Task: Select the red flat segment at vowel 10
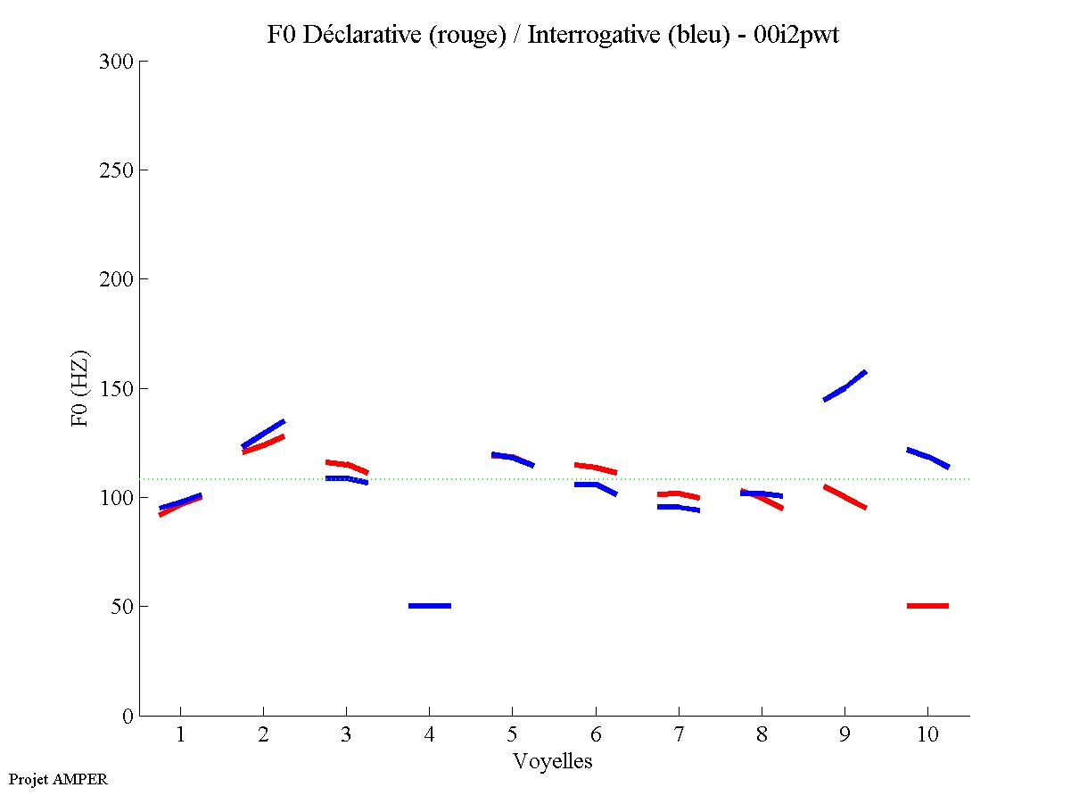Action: pyautogui.click(x=927, y=606)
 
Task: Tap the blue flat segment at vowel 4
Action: pyautogui.click(x=430, y=606)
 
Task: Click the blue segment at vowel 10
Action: pyautogui.click(x=928, y=458)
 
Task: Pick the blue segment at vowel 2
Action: pyautogui.click(x=264, y=433)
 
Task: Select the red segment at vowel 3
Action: pyautogui.click(x=346, y=465)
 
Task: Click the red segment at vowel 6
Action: pyautogui.click(x=596, y=468)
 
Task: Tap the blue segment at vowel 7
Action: pyautogui.click(x=678, y=507)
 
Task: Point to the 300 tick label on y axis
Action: pyautogui.click(x=118, y=62)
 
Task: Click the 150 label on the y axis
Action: pyautogui.click(x=118, y=389)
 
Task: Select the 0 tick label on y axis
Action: pyautogui.click(x=128, y=716)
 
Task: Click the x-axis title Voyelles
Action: pyautogui.click(x=553, y=761)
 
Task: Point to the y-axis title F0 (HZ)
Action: pyautogui.click(x=80, y=388)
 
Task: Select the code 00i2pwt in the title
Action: pyautogui.click(x=798, y=35)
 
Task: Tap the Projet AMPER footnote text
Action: pyautogui.click(x=58, y=779)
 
